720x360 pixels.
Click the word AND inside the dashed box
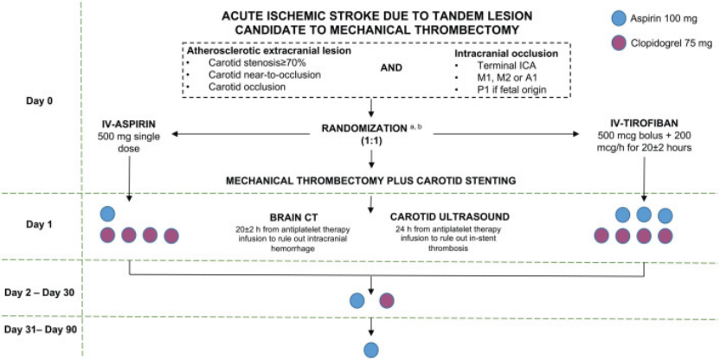click(392, 68)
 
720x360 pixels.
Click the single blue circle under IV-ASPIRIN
click(107, 214)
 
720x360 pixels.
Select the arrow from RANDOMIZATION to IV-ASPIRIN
click(241, 134)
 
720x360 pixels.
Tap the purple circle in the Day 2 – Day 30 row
click(387, 301)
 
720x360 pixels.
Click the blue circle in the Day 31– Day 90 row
click(371, 350)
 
